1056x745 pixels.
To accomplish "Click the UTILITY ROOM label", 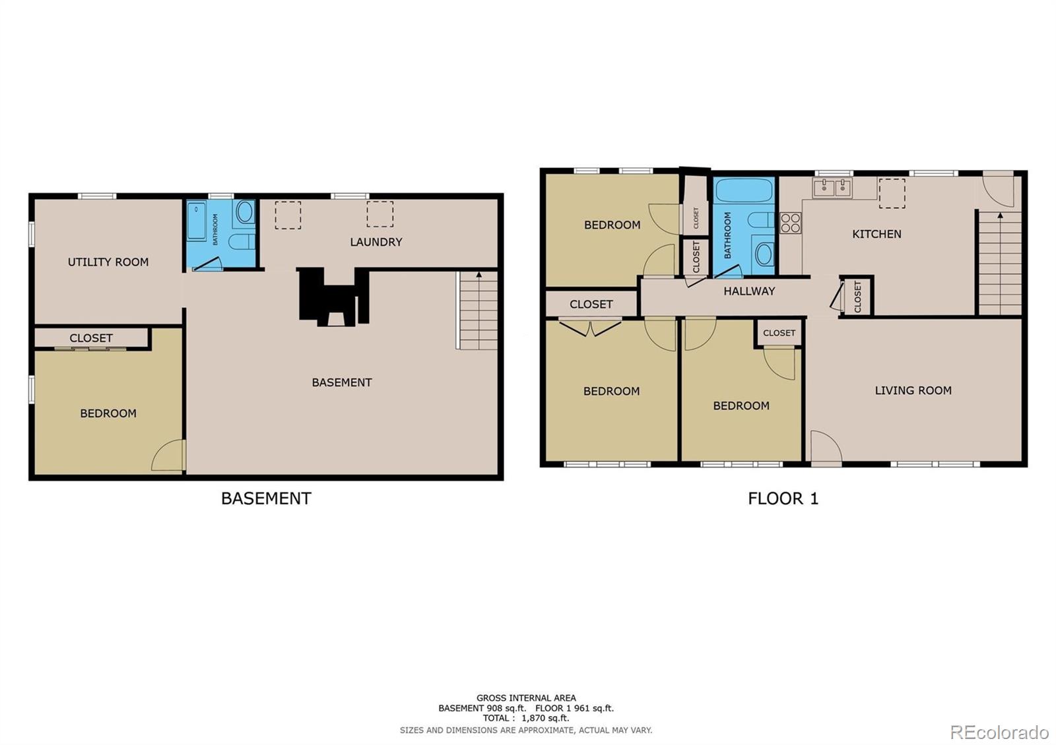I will (x=108, y=262).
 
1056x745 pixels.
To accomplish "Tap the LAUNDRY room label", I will (x=376, y=242).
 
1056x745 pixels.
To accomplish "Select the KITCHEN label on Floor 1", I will (x=876, y=234).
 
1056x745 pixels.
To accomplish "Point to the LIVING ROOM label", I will (x=913, y=390).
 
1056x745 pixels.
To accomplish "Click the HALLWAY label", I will (x=748, y=291).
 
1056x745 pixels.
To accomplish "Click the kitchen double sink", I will (x=833, y=188).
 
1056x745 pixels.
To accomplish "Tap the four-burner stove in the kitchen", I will (x=790, y=223).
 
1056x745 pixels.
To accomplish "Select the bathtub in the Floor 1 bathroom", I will (x=744, y=190).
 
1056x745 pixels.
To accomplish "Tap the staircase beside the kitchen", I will (x=999, y=264).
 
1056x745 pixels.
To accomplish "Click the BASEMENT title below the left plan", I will (x=266, y=498).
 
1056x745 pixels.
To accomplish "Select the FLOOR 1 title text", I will (x=783, y=498).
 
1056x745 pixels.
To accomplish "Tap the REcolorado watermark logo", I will (x=999, y=732).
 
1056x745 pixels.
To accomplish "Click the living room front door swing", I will (x=825, y=448).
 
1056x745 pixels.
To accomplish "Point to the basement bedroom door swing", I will (x=169, y=456).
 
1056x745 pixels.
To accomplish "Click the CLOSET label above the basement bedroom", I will (x=91, y=338).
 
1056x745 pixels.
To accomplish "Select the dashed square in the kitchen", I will (x=891, y=193).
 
